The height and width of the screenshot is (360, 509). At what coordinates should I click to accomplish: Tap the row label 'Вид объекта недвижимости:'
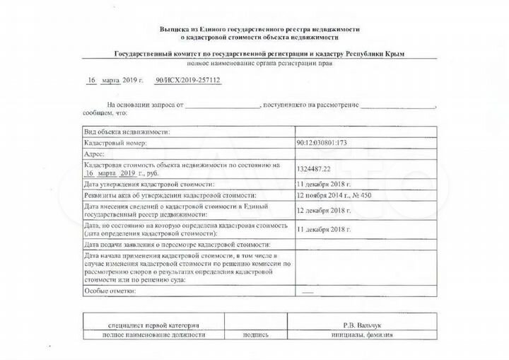point(127,132)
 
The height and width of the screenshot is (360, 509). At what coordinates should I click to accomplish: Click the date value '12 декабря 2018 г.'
point(324,210)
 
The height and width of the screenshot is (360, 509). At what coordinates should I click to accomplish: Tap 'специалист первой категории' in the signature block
point(144,325)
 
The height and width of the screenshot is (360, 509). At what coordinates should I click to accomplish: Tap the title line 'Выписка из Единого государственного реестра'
point(260,28)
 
